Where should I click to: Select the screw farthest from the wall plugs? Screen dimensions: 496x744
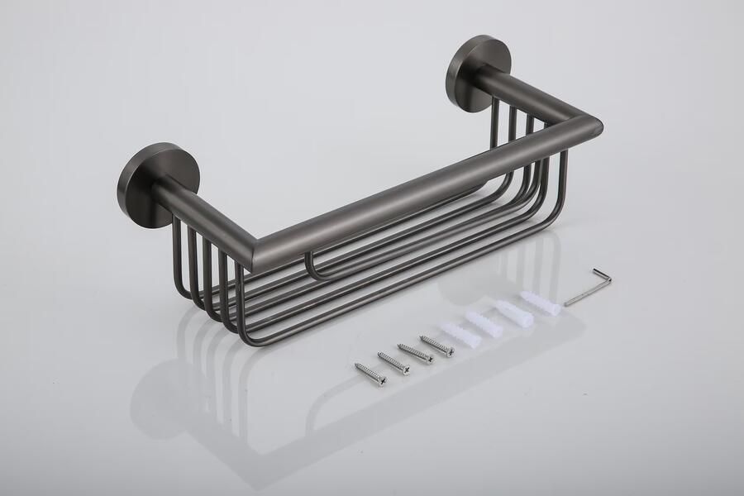coord(370,374)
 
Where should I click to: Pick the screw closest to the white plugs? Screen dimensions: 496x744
coord(436,346)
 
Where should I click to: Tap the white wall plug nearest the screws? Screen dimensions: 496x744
coord(458,334)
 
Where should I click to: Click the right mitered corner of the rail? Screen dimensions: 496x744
coord(589,128)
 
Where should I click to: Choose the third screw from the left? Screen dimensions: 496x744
coord(415,353)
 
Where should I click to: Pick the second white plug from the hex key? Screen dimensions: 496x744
coord(511,312)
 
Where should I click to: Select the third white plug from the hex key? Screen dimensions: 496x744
coord(484,322)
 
